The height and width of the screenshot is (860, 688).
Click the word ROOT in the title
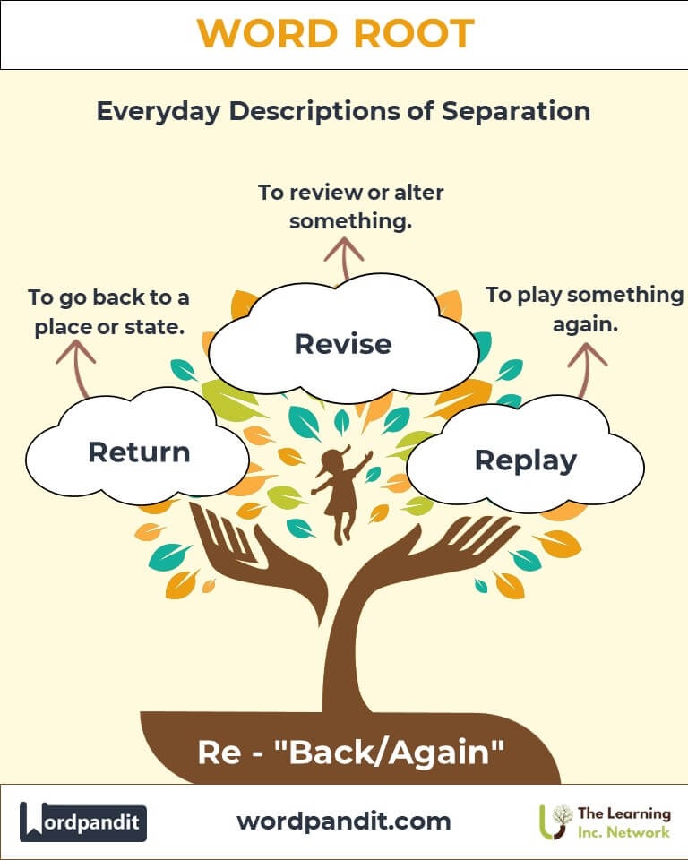click(x=414, y=33)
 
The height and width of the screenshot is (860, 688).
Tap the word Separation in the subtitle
click(x=516, y=111)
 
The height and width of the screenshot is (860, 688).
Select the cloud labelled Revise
click(x=343, y=340)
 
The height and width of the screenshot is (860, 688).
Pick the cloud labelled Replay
click(x=525, y=456)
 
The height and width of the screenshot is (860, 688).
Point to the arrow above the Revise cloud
click(x=344, y=258)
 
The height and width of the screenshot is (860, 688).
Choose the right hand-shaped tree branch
click(x=434, y=554)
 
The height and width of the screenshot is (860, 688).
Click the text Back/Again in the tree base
click(x=389, y=752)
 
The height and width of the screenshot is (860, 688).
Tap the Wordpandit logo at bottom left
click(x=82, y=821)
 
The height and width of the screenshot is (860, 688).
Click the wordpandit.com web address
click(x=344, y=821)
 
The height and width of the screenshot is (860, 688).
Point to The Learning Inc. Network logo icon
click(x=555, y=821)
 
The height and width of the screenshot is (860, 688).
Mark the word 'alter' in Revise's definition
click(x=419, y=193)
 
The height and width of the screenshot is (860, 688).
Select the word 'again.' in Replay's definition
click(x=585, y=324)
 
